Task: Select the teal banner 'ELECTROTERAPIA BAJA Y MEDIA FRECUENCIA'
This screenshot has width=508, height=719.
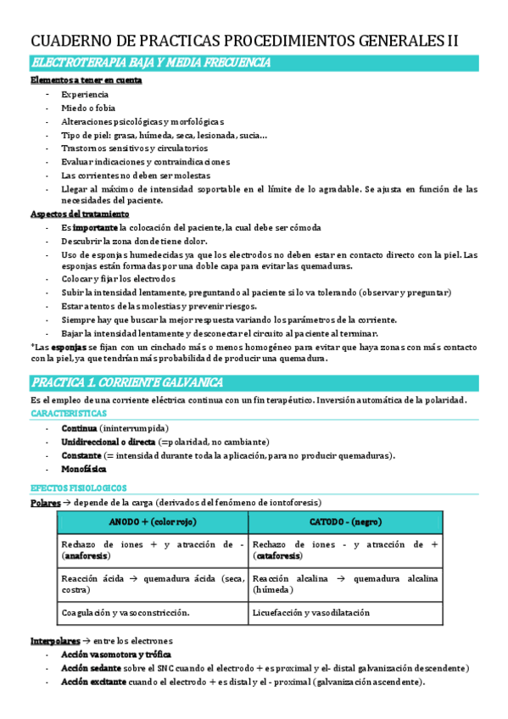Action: [x=150, y=63]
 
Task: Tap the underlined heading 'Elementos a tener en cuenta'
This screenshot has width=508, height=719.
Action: [x=86, y=81]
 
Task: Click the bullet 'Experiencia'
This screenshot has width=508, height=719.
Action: [x=85, y=94]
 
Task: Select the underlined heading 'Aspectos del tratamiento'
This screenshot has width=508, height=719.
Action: [x=80, y=215]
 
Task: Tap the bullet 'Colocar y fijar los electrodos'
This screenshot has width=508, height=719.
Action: [x=118, y=279]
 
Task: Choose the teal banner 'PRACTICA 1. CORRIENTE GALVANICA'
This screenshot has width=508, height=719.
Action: [x=126, y=382]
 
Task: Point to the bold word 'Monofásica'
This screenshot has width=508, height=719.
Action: [x=84, y=469]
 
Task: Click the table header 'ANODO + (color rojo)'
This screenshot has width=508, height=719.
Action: [x=153, y=521]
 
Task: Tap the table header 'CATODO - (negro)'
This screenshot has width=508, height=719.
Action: [x=346, y=521]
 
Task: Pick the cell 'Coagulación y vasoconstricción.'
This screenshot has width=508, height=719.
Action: [x=126, y=611]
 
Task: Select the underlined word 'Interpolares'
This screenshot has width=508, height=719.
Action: [x=58, y=640]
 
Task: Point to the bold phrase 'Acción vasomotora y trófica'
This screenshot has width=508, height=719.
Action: [x=116, y=655]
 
